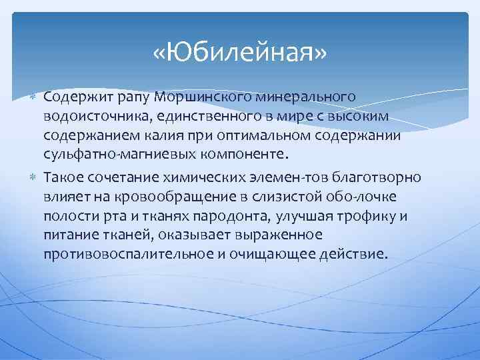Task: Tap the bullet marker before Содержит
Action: (x=35, y=99)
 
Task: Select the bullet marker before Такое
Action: (x=35, y=177)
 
